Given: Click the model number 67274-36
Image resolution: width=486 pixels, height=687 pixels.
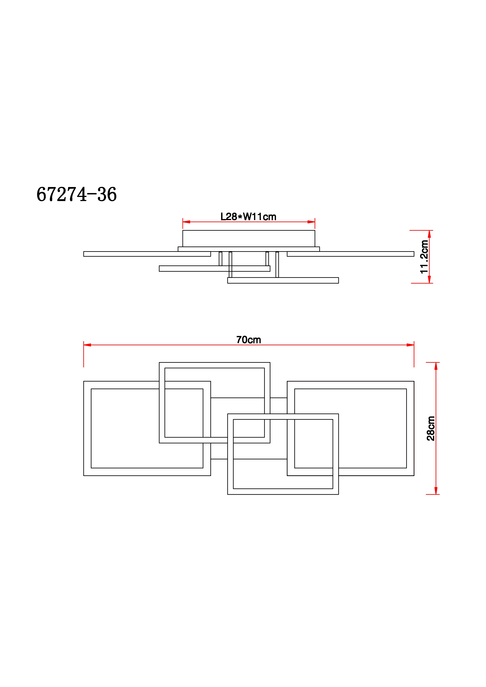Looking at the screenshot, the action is tap(77, 194).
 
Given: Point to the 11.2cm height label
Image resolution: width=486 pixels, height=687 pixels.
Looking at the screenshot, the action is tap(424, 257).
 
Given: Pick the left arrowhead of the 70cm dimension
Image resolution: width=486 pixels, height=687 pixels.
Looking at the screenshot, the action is tap(87, 345).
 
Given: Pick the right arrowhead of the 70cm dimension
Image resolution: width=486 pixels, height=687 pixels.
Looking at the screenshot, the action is tap(410, 345).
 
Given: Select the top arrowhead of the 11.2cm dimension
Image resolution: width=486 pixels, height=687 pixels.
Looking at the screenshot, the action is tap(429, 234).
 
